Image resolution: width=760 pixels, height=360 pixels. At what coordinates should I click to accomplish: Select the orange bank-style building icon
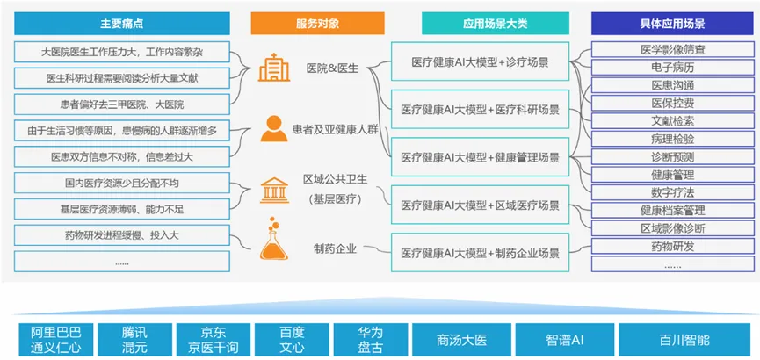click(273, 188)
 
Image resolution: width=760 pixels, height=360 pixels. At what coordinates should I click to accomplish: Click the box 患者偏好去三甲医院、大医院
click(123, 104)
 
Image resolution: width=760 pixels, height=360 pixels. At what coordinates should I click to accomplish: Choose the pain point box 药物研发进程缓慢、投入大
click(123, 235)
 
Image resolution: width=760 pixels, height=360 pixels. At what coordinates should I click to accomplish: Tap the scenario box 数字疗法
click(673, 192)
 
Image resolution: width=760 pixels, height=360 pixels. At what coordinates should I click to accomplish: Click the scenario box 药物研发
click(673, 246)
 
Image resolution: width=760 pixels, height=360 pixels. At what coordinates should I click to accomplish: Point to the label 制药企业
click(335, 248)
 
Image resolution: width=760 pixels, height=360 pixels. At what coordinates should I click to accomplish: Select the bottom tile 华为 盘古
click(370, 339)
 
